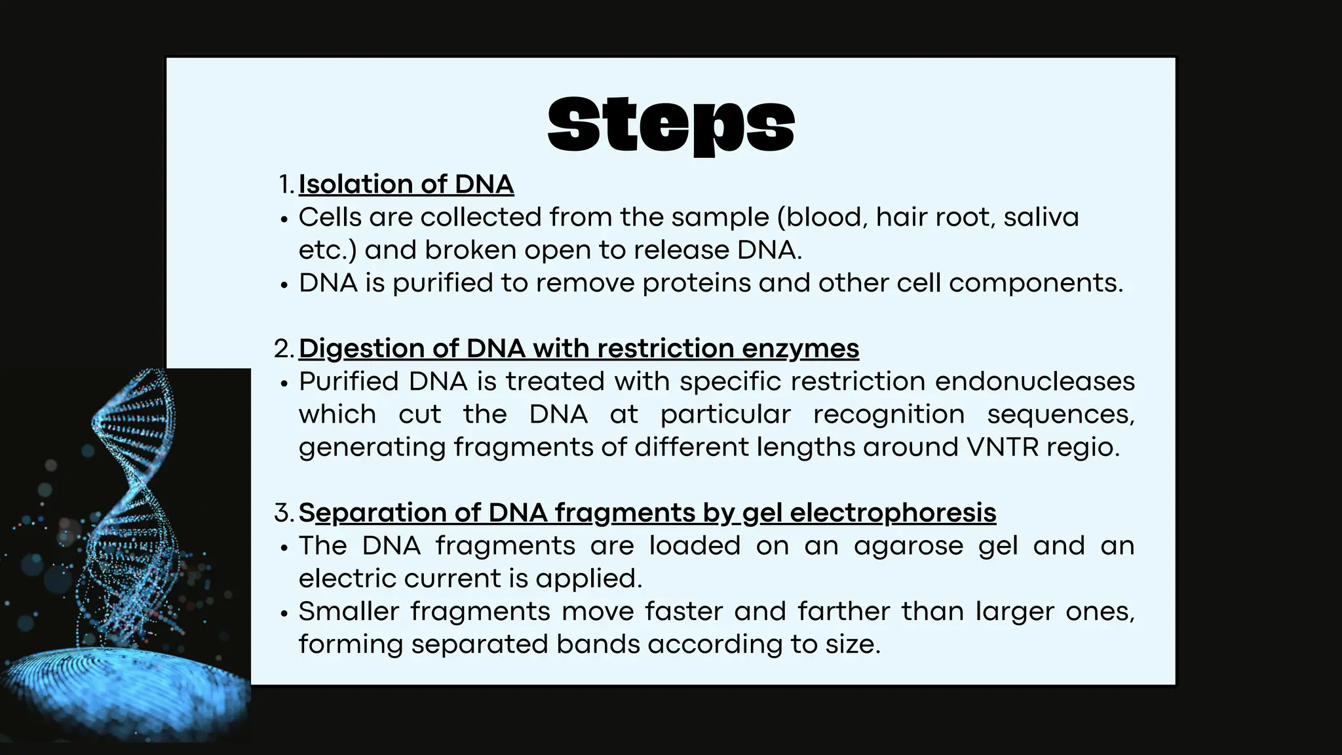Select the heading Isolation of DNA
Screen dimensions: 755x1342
click(x=406, y=184)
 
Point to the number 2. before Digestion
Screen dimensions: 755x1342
click(x=284, y=349)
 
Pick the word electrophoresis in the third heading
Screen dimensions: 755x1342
click(x=892, y=513)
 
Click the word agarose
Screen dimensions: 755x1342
click(x=908, y=546)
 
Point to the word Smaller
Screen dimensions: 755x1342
click(x=349, y=611)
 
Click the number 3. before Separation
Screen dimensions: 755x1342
click(x=284, y=513)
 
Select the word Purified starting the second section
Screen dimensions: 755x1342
click(x=349, y=381)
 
